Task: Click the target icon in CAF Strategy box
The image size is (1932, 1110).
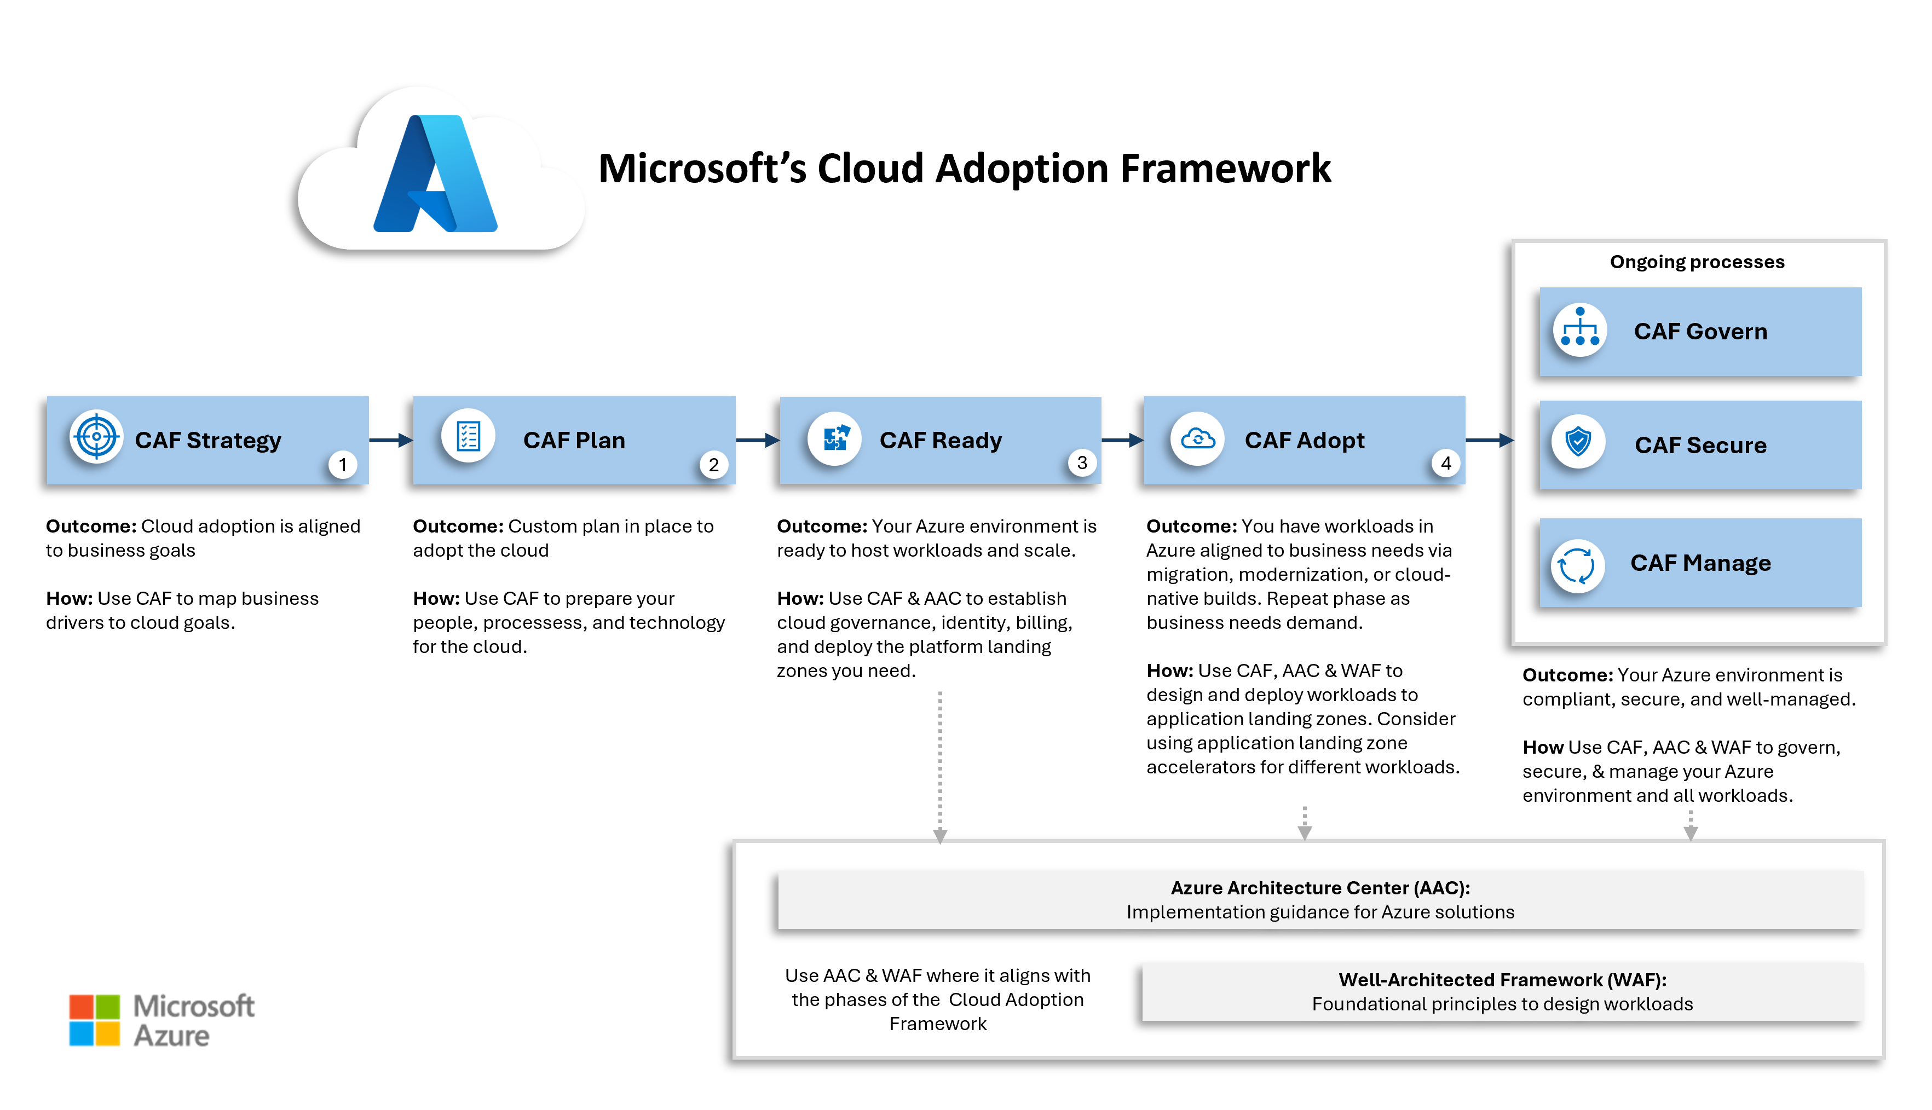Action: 96,437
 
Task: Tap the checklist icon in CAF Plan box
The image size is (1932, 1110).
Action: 468,437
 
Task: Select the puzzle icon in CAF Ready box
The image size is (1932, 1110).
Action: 835,438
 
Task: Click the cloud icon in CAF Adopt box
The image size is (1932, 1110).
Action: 1198,438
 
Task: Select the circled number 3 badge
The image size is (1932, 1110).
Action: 1082,462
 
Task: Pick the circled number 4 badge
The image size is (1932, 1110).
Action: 1445,462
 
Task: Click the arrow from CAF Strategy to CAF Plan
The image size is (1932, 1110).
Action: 390,440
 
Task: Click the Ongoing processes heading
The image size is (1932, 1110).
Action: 1697,262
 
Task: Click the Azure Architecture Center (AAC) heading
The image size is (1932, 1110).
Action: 1320,888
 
